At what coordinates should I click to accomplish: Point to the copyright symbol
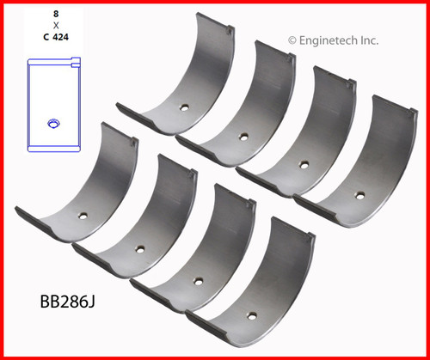coord(292,39)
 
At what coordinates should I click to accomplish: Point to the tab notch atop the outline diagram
coord(74,62)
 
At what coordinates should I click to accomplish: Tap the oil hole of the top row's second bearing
coord(245,136)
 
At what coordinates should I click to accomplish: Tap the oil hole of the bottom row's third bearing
coord(197,279)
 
